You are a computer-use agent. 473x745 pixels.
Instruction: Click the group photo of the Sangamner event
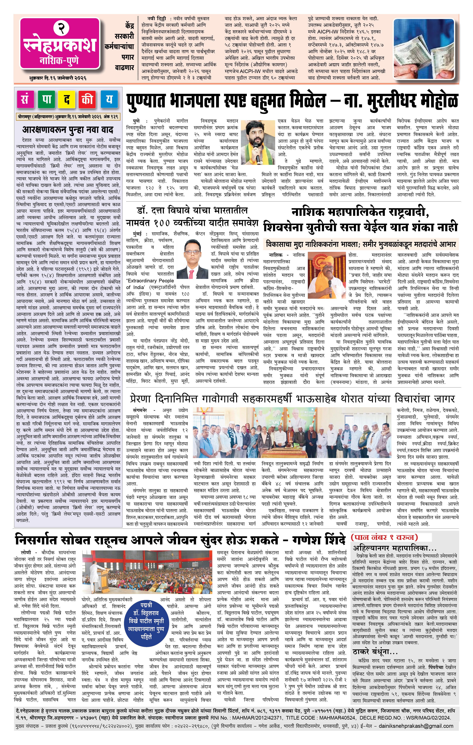(293, 433)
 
